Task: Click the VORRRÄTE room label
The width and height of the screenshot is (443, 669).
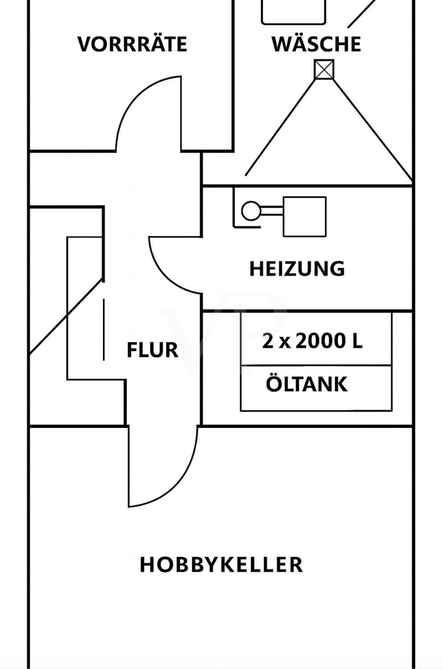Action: click(132, 44)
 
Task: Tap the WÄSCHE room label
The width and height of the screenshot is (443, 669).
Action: click(316, 44)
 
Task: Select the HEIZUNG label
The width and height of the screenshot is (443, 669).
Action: click(297, 269)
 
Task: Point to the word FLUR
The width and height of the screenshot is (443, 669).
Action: click(153, 350)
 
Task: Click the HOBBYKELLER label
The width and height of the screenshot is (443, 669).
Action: click(221, 565)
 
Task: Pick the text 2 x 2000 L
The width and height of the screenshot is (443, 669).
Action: click(312, 342)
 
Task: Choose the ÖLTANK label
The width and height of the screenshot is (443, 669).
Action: click(306, 384)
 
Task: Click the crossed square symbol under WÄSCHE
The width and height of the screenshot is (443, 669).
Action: click(324, 70)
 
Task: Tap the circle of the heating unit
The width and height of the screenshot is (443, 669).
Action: click(251, 211)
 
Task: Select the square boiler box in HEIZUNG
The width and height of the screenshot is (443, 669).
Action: click(305, 216)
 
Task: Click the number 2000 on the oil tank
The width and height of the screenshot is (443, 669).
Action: click(321, 342)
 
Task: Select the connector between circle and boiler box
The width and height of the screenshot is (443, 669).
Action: click(271, 210)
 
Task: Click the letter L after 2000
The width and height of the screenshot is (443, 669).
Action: click(357, 342)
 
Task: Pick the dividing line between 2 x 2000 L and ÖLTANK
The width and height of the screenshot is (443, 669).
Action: click(316, 366)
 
